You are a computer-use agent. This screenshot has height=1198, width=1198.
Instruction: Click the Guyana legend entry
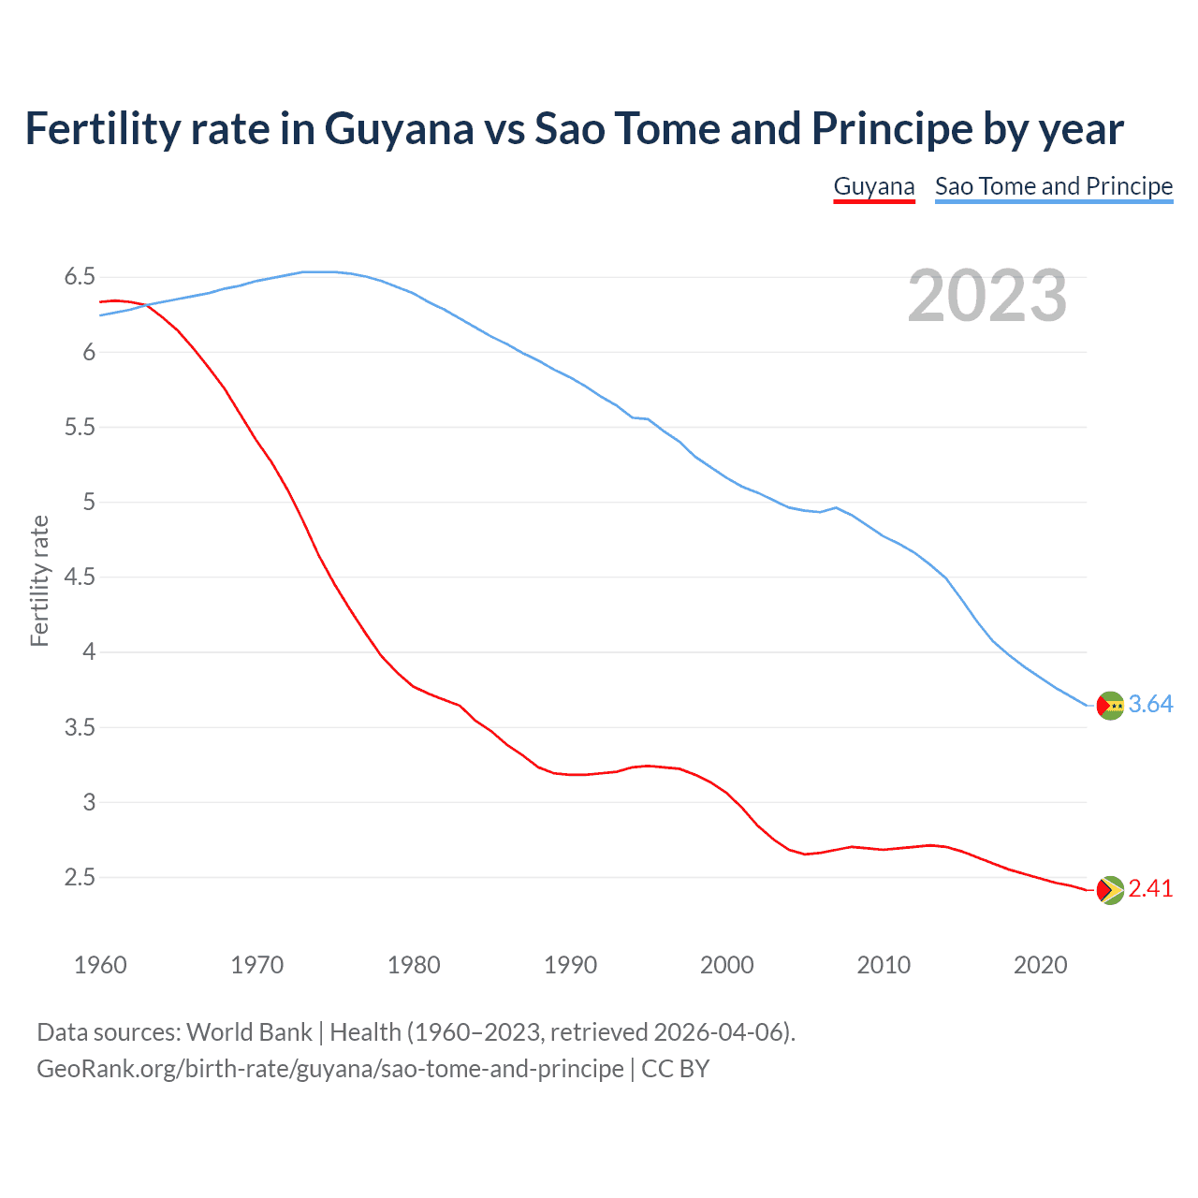pyautogui.click(x=873, y=186)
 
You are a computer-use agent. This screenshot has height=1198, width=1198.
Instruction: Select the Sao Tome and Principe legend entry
pyautogui.click(x=1053, y=186)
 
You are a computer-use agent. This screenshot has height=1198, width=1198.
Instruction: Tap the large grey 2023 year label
pyautogui.click(x=986, y=297)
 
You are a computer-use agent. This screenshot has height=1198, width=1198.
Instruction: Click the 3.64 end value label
pyautogui.click(x=1150, y=705)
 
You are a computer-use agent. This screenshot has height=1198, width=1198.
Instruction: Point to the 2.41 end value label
pyautogui.click(x=1150, y=889)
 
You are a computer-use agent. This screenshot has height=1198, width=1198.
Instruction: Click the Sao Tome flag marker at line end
pyautogui.click(x=1109, y=706)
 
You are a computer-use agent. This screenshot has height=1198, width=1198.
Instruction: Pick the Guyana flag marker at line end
pyautogui.click(x=1109, y=890)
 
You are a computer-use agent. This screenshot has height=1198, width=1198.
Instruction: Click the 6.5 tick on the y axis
pyautogui.click(x=80, y=277)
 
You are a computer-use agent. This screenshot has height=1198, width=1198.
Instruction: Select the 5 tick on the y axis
pyautogui.click(x=89, y=503)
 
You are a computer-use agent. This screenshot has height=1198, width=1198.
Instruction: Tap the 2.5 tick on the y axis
pyautogui.click(x=80, y=878)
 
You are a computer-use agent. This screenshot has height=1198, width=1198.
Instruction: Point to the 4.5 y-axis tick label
pyautogui.click(x=80, y=577)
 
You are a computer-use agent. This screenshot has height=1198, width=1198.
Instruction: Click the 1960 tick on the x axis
pyautogui.click(x=100, y=965)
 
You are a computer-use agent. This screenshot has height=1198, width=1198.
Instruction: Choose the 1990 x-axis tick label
pyautogui.click(x=570, y=965)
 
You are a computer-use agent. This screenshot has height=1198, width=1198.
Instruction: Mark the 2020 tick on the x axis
pyautogui.click(x=1040, y=965)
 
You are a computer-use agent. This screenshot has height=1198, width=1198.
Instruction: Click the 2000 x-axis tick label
pyautogui.click(x=726, y=965)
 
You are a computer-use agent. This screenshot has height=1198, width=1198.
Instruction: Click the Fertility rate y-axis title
pyautogui.click(x=39, y=580)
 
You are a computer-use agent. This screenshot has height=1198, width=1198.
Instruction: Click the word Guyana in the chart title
pyautogui.click(x=399, y=129)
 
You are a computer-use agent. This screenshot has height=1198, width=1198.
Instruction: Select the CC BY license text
pyautogui.click(x=675, y=1069)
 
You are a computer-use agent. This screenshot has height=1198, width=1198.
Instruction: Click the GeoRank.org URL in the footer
pyautogui.click(x=329, y=1069)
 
